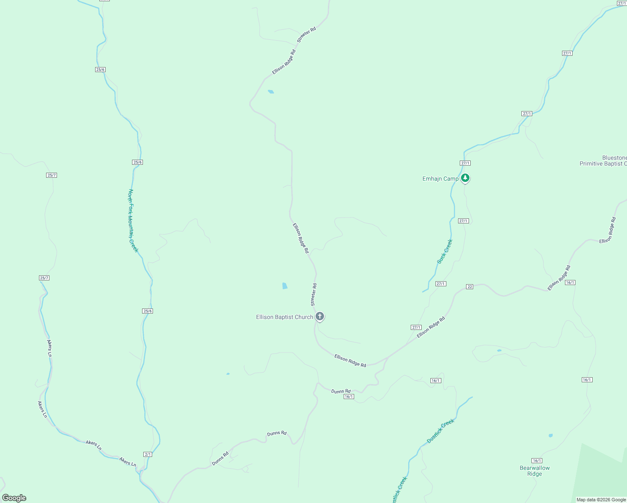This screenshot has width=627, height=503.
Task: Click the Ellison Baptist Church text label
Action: click(284, 317)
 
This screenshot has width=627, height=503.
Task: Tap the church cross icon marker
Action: click(320, 316)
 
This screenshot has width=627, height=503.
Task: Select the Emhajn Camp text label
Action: click(440, 179)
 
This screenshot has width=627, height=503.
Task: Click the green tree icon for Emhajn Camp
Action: click(465, 178)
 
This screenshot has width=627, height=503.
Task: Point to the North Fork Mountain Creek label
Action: click(133, 220)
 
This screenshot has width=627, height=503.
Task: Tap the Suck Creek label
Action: click(445, 251)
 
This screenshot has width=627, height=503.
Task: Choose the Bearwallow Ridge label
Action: click(534, 471)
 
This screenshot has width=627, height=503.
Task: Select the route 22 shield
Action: click(469, 287)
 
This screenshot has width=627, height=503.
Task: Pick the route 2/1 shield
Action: click(148, 454)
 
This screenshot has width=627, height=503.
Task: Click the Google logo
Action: click(14, 498)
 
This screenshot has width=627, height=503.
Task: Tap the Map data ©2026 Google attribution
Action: click(601, 500)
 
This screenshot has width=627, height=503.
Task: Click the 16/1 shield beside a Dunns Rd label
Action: click(349, 397)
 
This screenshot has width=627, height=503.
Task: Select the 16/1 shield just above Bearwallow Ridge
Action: click(537, 461)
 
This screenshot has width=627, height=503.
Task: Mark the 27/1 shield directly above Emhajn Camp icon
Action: click(465, 163)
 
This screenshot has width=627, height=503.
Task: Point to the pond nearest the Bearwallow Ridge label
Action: click(550, 436)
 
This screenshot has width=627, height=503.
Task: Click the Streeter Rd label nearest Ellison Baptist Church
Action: click(313, 295)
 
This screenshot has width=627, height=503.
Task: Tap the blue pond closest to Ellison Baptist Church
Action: click(285, 286)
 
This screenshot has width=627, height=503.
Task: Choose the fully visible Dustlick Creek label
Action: click(440, 431)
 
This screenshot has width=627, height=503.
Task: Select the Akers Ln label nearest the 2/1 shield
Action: click(128, 462)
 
